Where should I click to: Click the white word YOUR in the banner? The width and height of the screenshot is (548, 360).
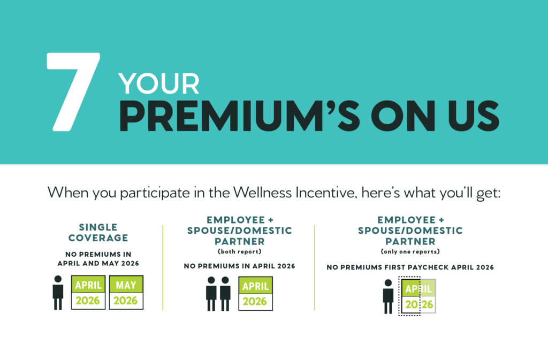[x=158, y=84]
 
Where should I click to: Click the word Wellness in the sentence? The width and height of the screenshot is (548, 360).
[x=262, y=193]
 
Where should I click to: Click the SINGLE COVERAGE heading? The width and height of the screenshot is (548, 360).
[x=98, y=232]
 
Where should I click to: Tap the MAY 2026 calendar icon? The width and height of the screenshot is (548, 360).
[x=126, y=292]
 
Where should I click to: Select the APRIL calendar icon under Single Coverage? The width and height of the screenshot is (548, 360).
[x=88, y=292]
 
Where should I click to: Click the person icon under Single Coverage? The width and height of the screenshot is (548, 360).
[x=58, y=293]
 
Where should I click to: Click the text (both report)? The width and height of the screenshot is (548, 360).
[x=239, y=251]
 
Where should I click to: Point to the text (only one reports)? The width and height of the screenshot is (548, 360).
[x=410, y=251]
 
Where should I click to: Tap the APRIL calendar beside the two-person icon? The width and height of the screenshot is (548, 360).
[x=255, y=293]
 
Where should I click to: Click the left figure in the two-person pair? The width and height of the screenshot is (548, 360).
[x=211, y=294]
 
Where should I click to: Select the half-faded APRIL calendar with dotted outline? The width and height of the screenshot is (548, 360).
[x=417, y=296]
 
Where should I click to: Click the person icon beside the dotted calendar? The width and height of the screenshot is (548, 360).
[x=388, y=296]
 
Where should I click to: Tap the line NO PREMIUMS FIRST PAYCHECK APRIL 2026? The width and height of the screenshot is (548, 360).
[x=410, y=267]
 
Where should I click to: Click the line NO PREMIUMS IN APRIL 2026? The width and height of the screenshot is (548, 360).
[x=239, y=266]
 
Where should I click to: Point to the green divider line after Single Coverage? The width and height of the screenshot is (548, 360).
[x=163, y=267]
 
